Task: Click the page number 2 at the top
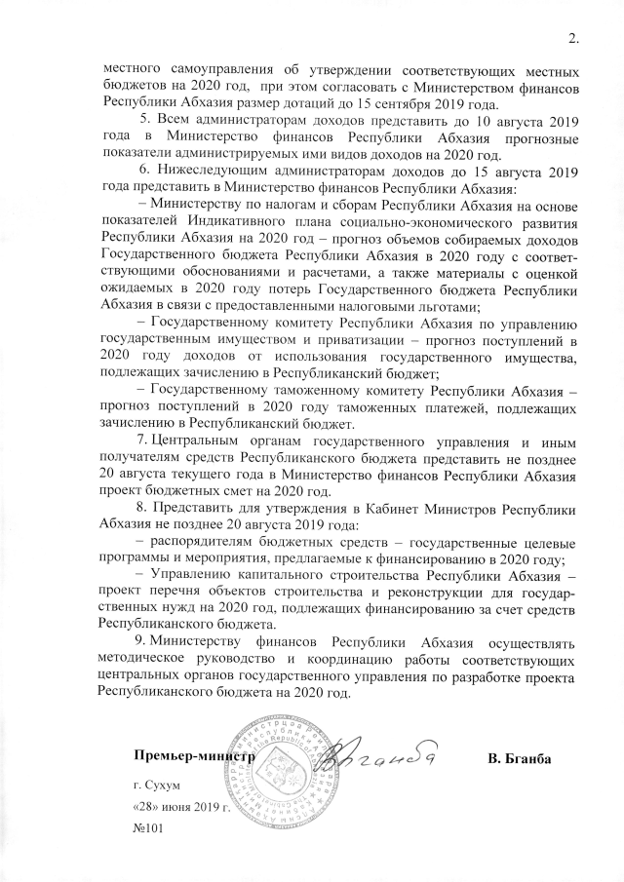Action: pos(572,40)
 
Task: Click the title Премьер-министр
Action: pos(195,755)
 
